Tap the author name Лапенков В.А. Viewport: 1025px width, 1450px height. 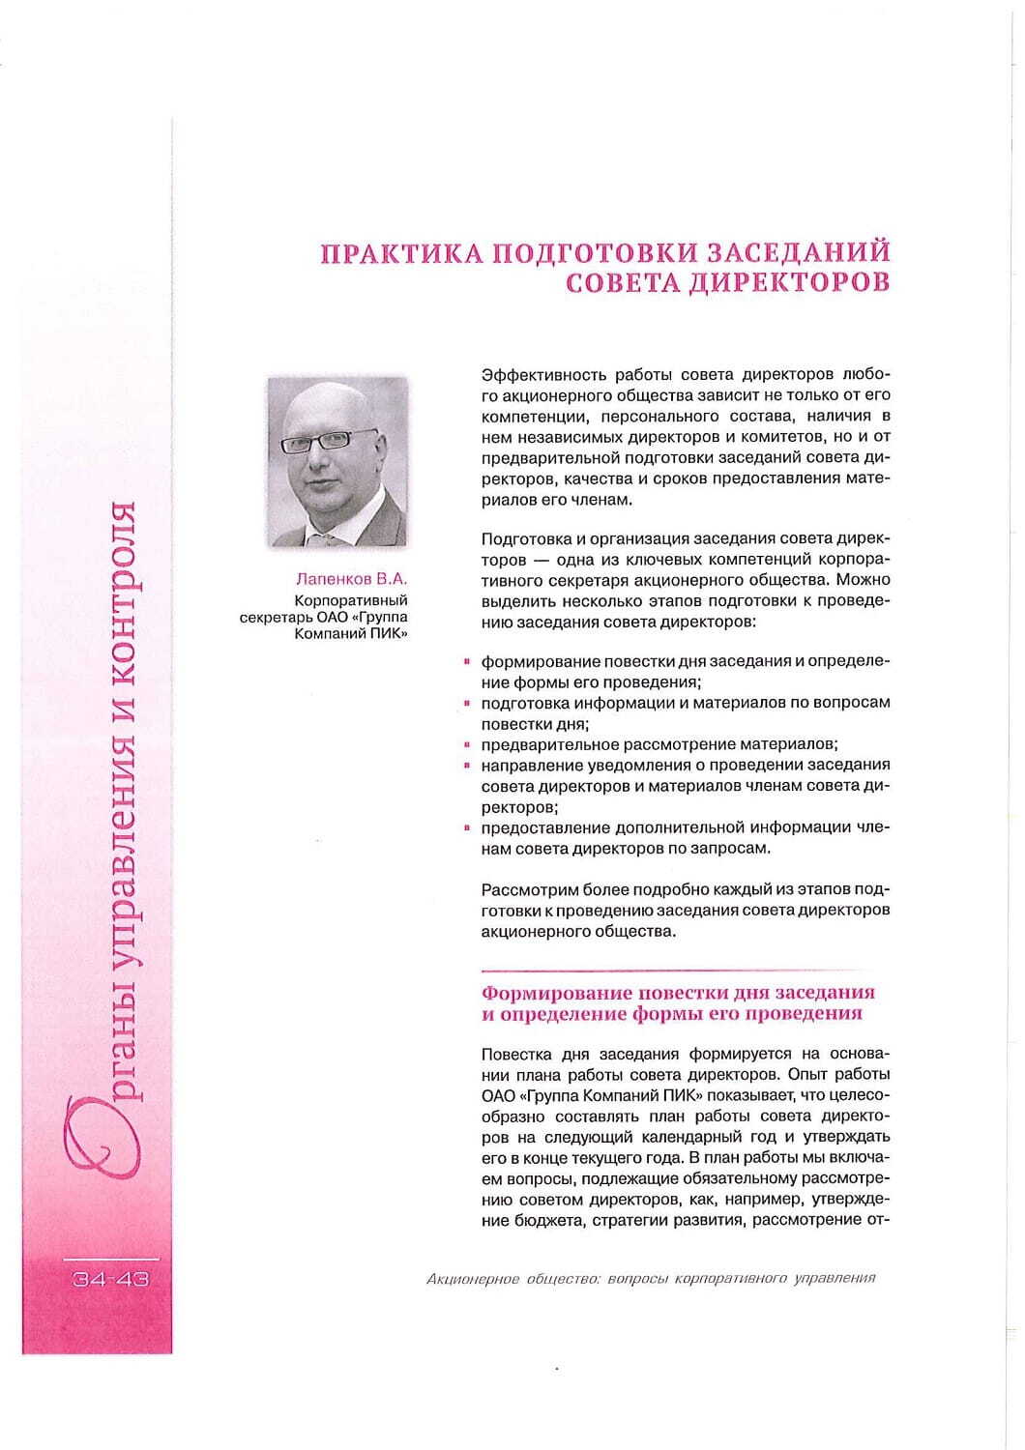pyautogui.click(x=352, y=580)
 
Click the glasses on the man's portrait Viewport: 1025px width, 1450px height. pyautogui.click(x=329, y=441)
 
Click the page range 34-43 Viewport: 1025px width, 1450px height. pyautogui.click(x=109, y=1280)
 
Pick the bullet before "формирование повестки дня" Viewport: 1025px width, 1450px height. pyautogui.click(x=467, y=662)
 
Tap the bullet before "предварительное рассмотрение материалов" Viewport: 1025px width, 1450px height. pyautogui.click(x=467, y=745)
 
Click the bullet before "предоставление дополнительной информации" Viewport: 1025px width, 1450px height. pyautogui.click(x=467, y=827)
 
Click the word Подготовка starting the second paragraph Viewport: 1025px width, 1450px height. pyautogui.click(x=520, y=538)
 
